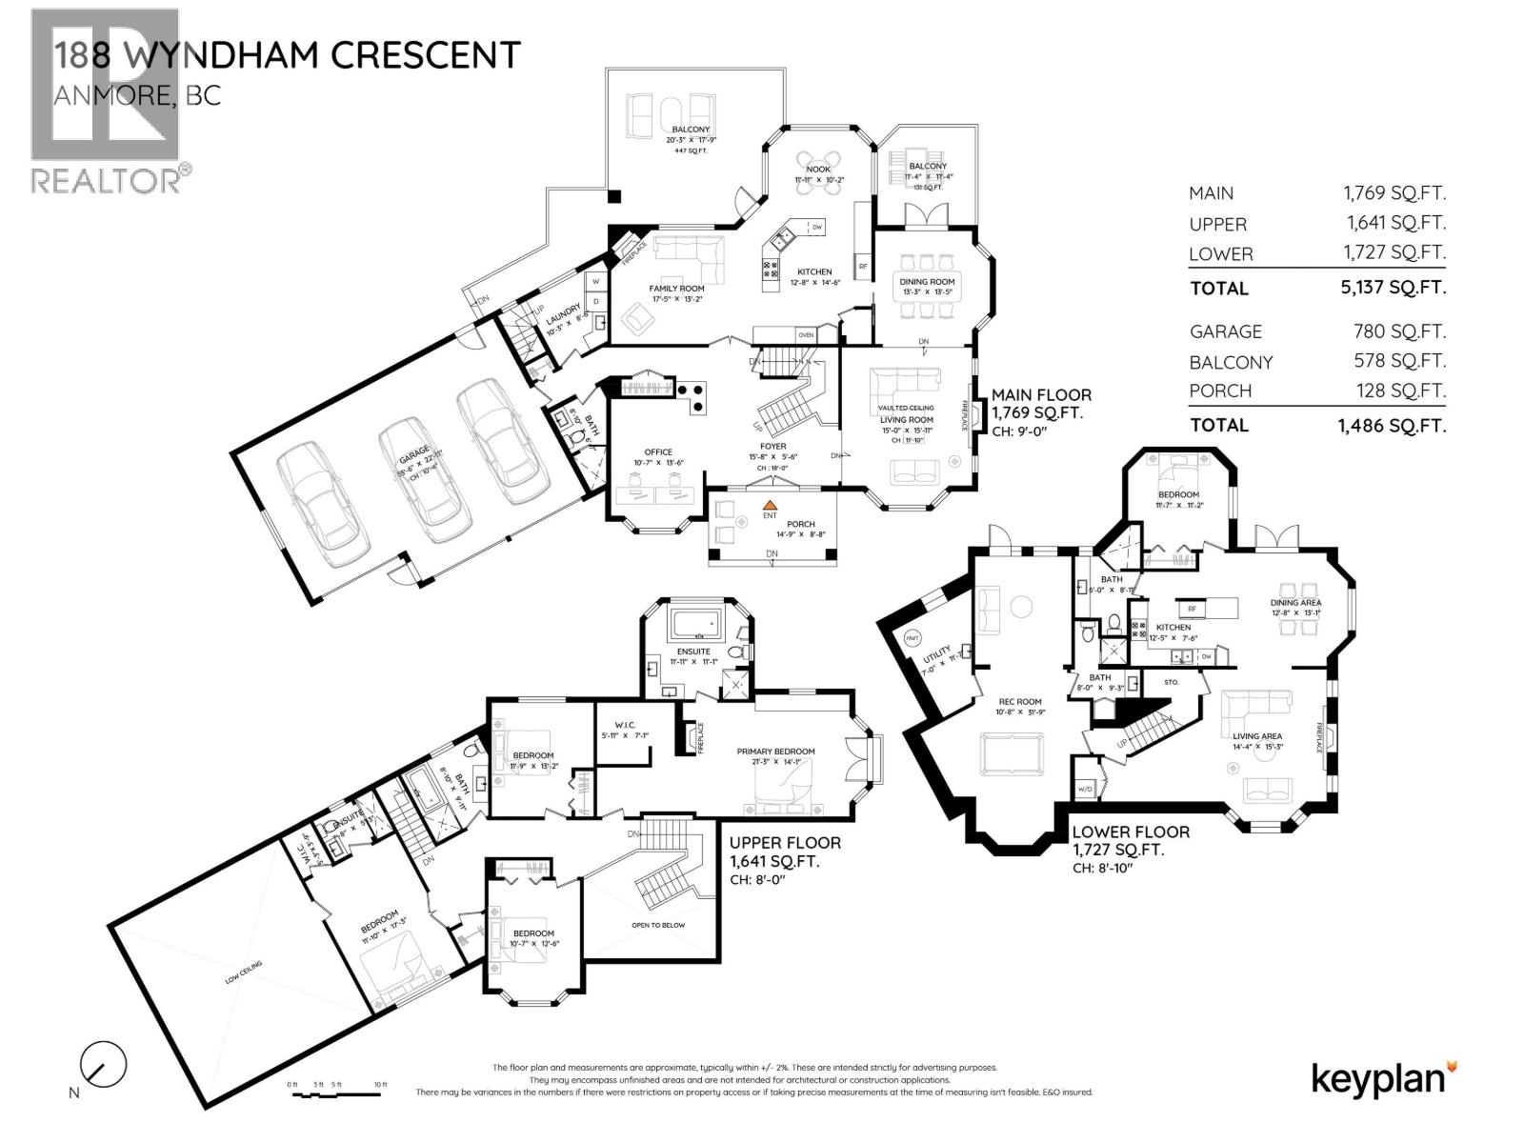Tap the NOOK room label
tap(818, 170)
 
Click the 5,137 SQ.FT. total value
tap(1393, 288)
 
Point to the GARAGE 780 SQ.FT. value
tap(1398, 331)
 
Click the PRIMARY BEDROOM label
tap(771, 752)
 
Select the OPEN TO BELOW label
tap(658, 925)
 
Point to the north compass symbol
tap(103, 1065)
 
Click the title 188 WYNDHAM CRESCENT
tap(287, 54)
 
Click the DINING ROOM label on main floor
tap(927, 282)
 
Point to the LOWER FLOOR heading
tap(1130, 832)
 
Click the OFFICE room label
tap(657, 452)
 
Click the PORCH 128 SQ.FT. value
tap(1398, 391)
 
